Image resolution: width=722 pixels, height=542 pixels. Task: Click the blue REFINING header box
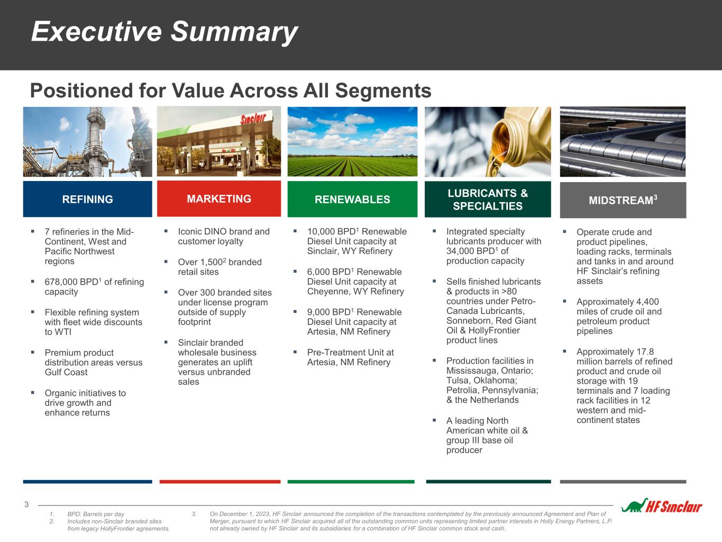87,199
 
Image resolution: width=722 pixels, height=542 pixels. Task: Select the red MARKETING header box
219,198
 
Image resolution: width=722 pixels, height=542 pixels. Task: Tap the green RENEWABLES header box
352,199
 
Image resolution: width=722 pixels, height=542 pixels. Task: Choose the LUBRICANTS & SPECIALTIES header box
488,199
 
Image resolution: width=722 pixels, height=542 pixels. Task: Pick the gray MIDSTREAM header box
623,200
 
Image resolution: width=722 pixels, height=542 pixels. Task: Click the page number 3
26,504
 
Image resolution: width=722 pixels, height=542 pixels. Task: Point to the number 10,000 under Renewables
321,232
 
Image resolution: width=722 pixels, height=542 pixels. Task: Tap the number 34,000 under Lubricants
460,251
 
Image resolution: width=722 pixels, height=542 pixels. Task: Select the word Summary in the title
234,32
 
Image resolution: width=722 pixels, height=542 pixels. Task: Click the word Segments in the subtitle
383,91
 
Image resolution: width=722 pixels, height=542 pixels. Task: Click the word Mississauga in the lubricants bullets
470,371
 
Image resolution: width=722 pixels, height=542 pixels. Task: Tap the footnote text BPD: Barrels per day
96,514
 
